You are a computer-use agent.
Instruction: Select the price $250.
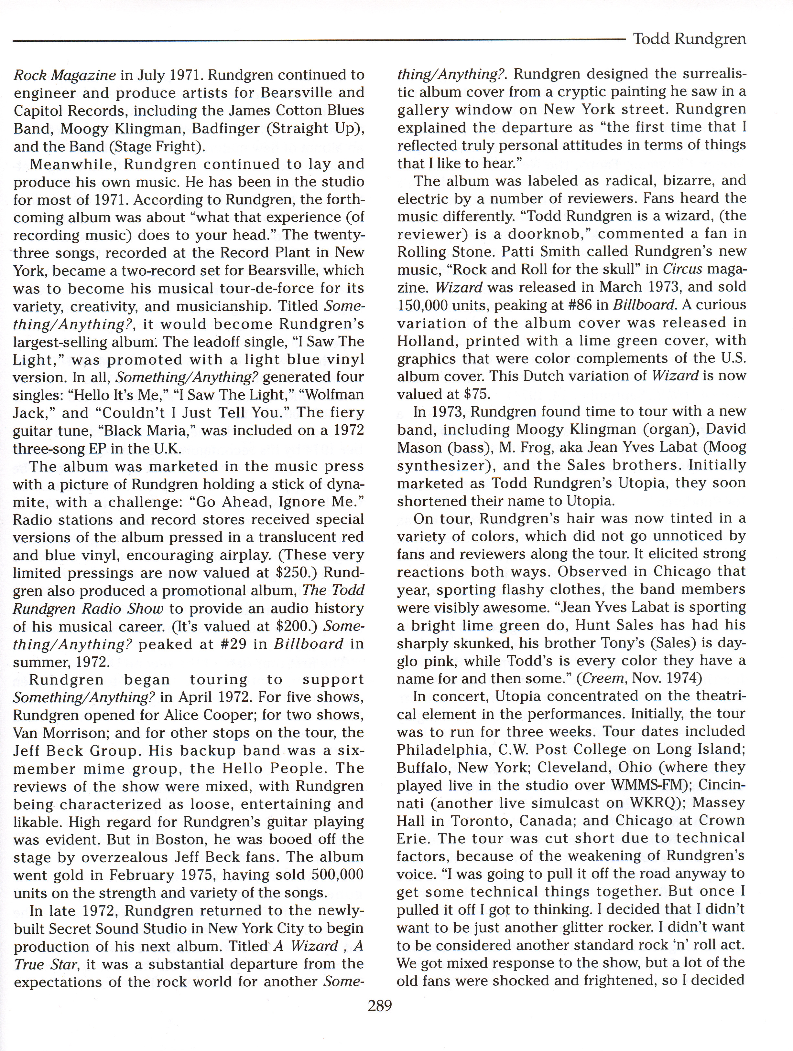[x=291, y=573]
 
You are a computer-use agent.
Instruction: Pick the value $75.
[x=466, y=394]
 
